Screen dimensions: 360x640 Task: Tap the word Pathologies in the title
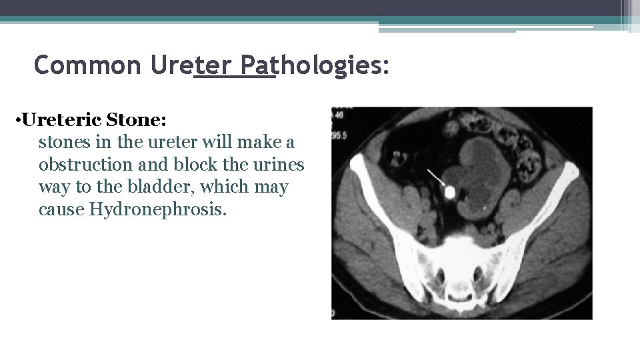coord(314,65)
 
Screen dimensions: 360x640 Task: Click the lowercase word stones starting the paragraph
coord(61,143)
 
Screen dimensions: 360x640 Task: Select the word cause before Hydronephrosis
coord(61,209)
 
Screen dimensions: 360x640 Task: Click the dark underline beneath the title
coord(234,77)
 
